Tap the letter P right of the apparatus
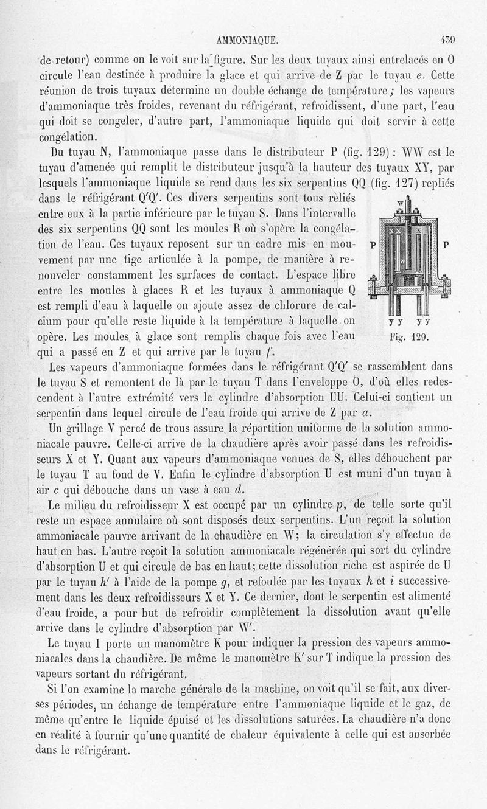[x=446, y=246]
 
